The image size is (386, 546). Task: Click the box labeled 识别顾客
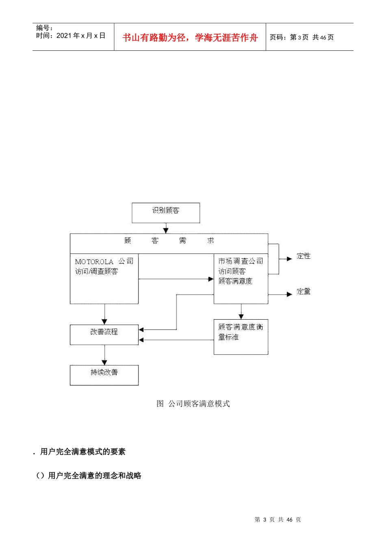click(166, 213)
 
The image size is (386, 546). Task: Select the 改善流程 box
click(104, 335)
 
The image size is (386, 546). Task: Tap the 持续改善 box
click(104, 375)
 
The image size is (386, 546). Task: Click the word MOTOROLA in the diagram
click(94, 262)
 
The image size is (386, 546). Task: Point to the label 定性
click(304, 256)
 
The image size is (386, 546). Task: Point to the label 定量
click(304, 292)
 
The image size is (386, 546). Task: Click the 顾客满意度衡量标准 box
click(241, 337)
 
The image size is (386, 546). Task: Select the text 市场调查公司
click(241, 261)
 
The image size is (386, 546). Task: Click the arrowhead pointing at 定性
click(289, 259)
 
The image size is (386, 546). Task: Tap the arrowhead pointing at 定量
click(289, 294)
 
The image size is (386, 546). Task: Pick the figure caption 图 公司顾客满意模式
click(193, 404)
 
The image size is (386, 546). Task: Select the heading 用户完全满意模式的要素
click(83, 452)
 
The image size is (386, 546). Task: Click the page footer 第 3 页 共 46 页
click(278, 520)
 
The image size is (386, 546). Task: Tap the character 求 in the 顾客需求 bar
click(210, 240)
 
